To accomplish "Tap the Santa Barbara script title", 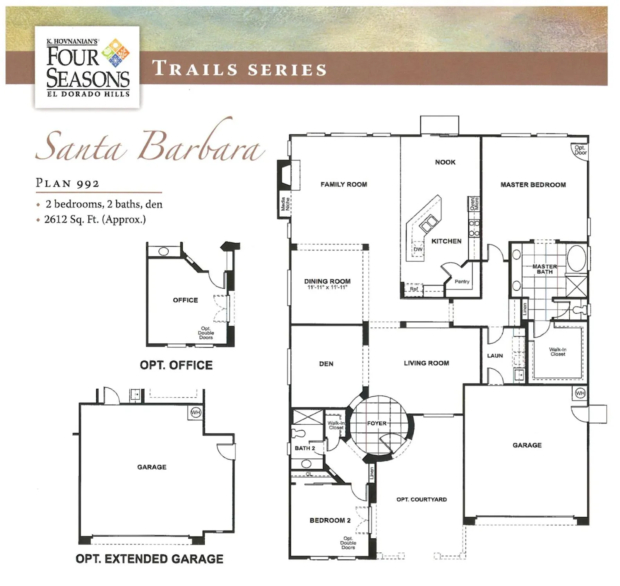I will click(x=150, y=146).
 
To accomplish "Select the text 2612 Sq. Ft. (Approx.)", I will click(x=95, y=220).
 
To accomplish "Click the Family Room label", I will click(x=344, y=184).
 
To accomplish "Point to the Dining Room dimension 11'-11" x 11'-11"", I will click(x=327, y=288).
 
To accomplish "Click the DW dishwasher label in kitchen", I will click(x=418, y=249).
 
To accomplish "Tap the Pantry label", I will click(x=462, y=281).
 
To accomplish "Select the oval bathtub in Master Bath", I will click(x=576, y=258).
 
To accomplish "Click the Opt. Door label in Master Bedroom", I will click(x=580, y=150).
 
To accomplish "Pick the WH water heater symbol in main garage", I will click(x=580, y=393).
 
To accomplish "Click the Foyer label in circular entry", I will click(x=377, y=423).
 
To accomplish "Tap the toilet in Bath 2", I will click(x=298, y=433).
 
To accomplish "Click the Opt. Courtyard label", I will click(x=422, y=499).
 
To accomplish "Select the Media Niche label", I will click(x=285, y=204).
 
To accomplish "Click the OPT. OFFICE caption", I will click(x=176, y=365).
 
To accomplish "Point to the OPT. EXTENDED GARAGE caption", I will click(x=149, y=559).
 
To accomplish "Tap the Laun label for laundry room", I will click(x=495, y=356).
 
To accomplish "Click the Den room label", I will click(x=326, y=364).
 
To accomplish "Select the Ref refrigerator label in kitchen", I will click(x=414, y=289).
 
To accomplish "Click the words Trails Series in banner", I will click(x=239, y=69).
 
